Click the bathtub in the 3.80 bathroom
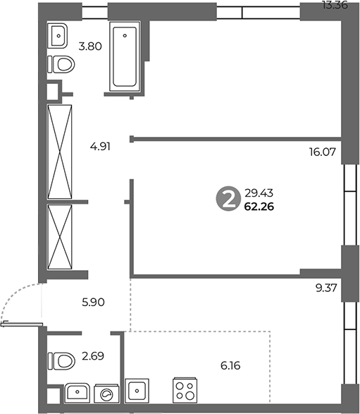[x=125, y=56]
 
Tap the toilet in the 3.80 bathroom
[x=61, y=64]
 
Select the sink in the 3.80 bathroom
[x=57, y=36]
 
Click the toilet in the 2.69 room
[x=61, y=361]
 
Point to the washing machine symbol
[x=106, y=394]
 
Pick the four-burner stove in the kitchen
[x=185, y=391]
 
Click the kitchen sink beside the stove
[x=137, y=391]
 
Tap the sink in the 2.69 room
[x=77, y=393]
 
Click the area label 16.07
[x=323, y=152]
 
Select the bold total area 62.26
[x=259, y=207]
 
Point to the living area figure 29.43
[x=259, y=193]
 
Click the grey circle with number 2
[x=228, y=199]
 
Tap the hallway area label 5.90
[x=93, y=302]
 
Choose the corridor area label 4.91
[x=100, y=146]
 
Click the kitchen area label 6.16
[x=230, y=366]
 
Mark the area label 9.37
[x=326, y=288]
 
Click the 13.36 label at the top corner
[x=335, y=5]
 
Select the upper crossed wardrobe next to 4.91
[x=60, y=152]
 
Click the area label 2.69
[x=93, y=356]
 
